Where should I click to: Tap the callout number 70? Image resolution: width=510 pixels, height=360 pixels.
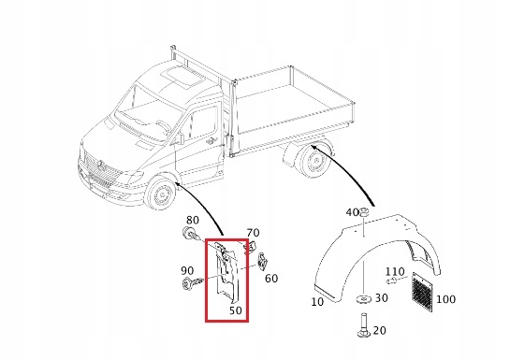pos(253,232)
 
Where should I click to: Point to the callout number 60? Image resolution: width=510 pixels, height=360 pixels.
pos(271,278)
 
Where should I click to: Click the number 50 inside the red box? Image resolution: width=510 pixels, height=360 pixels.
pos(235,309)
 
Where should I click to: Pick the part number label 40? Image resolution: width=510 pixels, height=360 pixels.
pos(352,213)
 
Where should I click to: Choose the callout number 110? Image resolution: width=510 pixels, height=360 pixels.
pos(395,271)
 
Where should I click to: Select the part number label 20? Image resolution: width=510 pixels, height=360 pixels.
pos(379,330)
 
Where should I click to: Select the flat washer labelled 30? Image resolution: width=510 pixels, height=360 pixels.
pos(362,300)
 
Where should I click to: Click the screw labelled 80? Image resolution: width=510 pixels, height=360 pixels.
pos(191,236)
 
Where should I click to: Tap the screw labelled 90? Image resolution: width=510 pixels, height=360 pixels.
pos(193,282)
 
